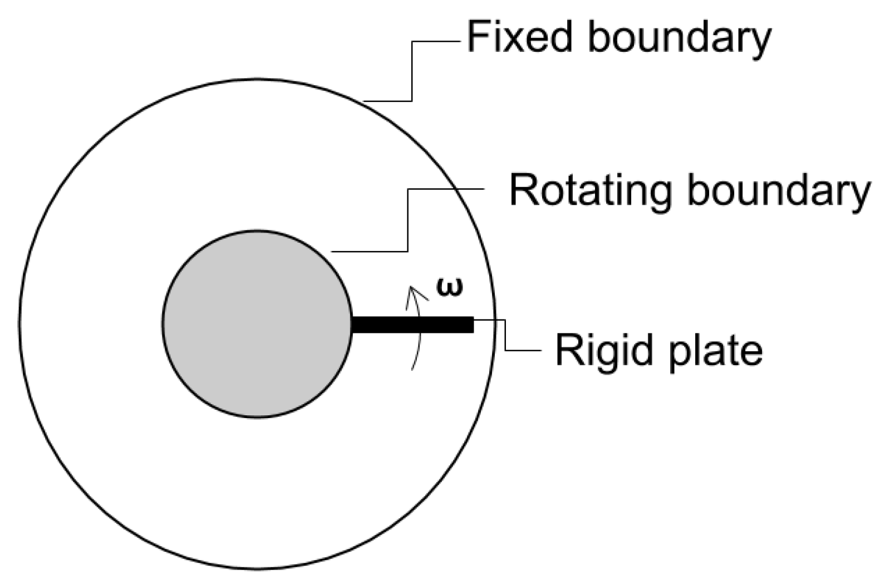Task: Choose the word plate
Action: tap(715, 352)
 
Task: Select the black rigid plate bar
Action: tap(412, 325)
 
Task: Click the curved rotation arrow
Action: tap(419, 334)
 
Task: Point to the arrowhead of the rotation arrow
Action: tap(412, 289)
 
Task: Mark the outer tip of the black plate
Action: tap(473, 325)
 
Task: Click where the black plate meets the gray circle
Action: tap(352, 325)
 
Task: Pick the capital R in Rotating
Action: tap(523, 191)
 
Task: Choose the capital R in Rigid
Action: tap(568, 351)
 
